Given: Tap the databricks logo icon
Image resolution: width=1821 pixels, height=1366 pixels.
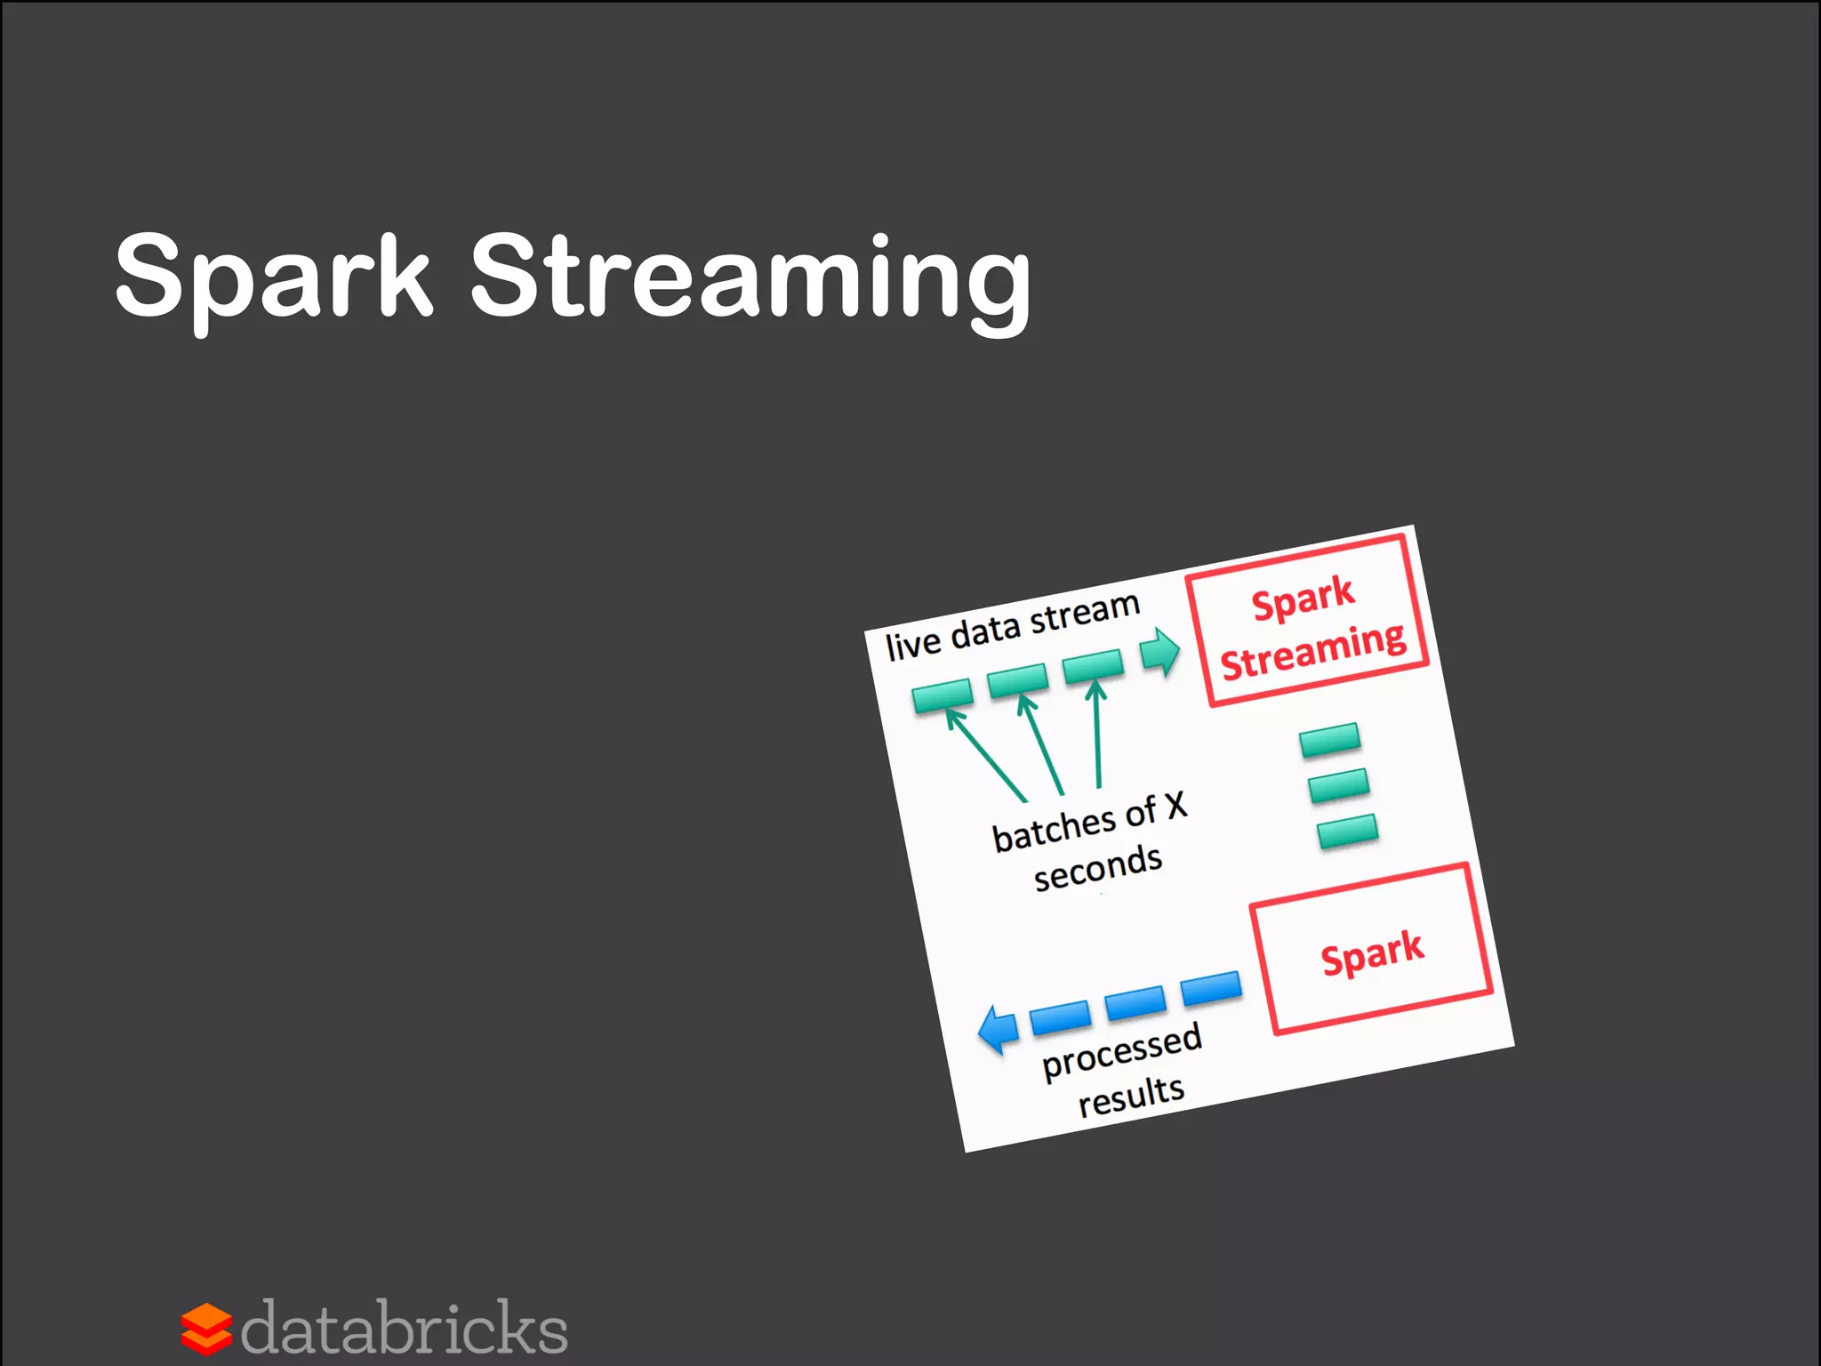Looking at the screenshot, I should click(x=206, y=1329).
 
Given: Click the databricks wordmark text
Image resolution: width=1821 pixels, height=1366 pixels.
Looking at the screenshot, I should click(x=405, y=1329).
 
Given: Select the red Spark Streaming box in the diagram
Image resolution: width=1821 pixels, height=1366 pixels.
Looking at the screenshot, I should click(x=1307, y=622).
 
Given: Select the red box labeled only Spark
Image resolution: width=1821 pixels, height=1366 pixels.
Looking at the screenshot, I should click(x=1371, y=950).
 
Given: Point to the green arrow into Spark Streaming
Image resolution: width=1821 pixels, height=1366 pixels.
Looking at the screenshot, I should click(x=1159, y=653).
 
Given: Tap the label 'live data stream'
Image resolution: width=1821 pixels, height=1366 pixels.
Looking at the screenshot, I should click(x=1013, y=627).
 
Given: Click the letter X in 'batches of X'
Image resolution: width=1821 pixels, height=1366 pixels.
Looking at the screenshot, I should click(x=1175, y=806).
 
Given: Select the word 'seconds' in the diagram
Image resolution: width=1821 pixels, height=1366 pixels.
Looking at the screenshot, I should click(x=1098, y=866).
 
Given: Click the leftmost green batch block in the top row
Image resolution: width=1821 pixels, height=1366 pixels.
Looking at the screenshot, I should click(x=943, y=695).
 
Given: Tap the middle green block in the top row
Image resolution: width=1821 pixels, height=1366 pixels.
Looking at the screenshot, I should click(x=1018, y=679).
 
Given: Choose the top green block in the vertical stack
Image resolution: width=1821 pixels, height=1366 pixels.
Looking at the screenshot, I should click(x=1329, y=740).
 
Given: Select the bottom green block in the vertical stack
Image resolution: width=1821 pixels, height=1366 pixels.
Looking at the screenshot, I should click(x=1348, y=831).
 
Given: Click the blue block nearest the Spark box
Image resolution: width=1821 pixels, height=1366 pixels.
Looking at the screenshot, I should click(x=1211, y=987).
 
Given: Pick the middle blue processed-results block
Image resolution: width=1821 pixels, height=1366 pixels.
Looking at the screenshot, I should click(x=1135, y=1002).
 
